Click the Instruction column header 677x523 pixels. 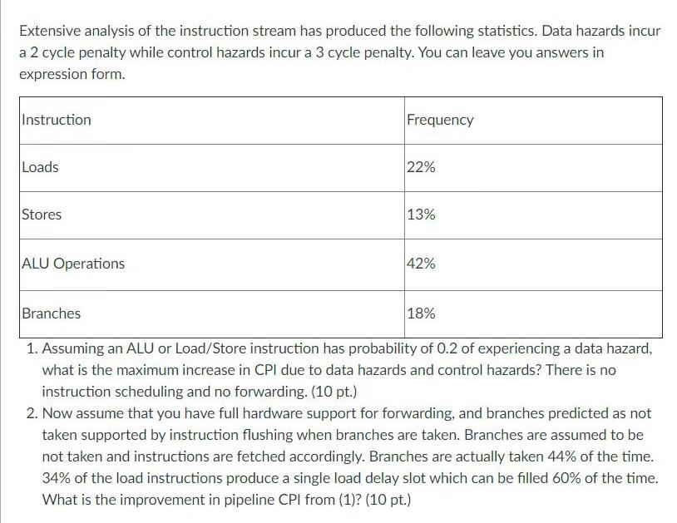pyautogui.click(x=57, y=120)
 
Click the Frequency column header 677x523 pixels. pyautogui.click(x=440, y=120)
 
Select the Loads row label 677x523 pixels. pyautogui.click(x=40, y=167)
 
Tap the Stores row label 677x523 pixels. pyautogui.click(x=42, y=215)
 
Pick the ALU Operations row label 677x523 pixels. pyautogui.click(x=73, y=264)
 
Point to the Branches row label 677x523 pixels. pyautogui.click(x=52, y=313)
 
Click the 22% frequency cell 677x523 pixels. pyautogui.click(x=421, y=167)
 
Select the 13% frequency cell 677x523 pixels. pyautogui.click(x=421, y=215)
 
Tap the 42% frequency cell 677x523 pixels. pyautogui.click(x=421, y=264)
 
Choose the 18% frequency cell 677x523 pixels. pyautogui.click(x=421, y=313)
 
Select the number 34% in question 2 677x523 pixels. pyautogui.click(x=57, y=478)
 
